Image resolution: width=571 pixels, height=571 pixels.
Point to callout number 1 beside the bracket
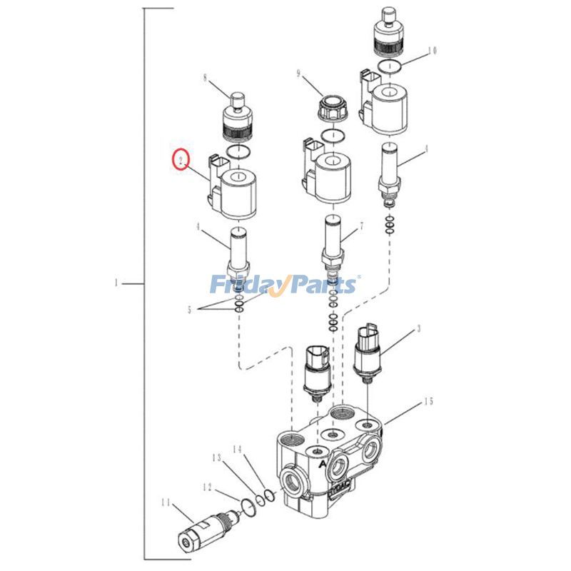click(x=116, y=284)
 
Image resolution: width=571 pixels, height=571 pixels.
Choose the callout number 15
click(x=428, y=402)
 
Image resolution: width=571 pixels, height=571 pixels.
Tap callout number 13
click(x=215, y=457)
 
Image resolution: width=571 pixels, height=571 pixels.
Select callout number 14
click(x=238, y=449)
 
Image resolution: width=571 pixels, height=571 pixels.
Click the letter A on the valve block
click(x=323, y=463)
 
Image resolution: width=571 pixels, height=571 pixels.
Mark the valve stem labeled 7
click(x=333, y=243)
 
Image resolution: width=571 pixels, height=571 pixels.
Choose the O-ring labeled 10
click(x=389, y=67)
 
